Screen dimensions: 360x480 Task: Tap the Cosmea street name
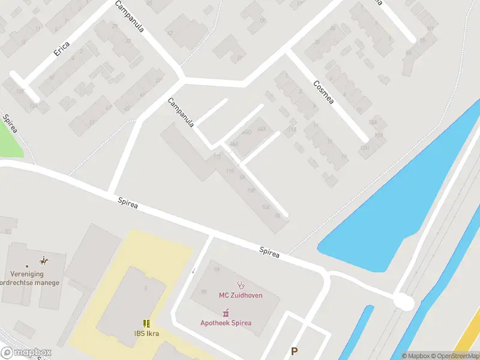coord(323,92)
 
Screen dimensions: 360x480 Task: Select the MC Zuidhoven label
coord(240,295)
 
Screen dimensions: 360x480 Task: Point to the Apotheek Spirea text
coord(226,323)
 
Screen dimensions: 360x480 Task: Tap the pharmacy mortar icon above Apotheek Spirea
coord(226,312)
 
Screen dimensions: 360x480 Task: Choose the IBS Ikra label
coord(146,334)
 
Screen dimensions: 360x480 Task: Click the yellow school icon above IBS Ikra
coord(146,323)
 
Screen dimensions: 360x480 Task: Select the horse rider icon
coord(43,261)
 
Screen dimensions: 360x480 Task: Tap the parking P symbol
coord(294,352)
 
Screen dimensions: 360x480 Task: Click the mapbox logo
coord(25,353)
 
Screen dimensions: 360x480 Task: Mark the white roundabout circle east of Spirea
coord(404,302)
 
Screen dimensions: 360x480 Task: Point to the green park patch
coord(8,138)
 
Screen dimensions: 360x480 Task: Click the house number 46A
coord(233,144)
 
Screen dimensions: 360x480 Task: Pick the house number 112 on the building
coord(218,157)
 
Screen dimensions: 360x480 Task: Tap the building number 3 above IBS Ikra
coord(145,288)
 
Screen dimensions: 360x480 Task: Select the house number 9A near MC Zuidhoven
coord(216,270)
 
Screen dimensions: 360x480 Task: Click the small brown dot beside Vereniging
coord(26,266)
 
